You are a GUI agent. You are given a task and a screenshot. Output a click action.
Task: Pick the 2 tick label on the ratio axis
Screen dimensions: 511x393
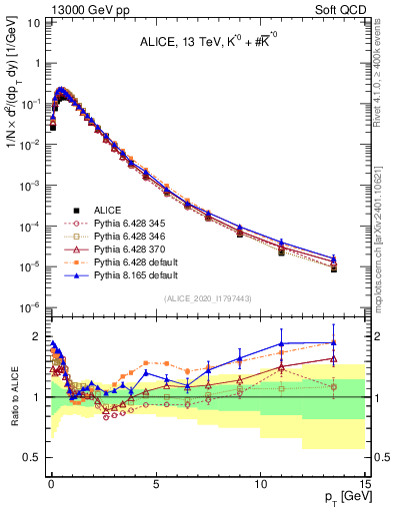pyautogui.click(x=37, y=336)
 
